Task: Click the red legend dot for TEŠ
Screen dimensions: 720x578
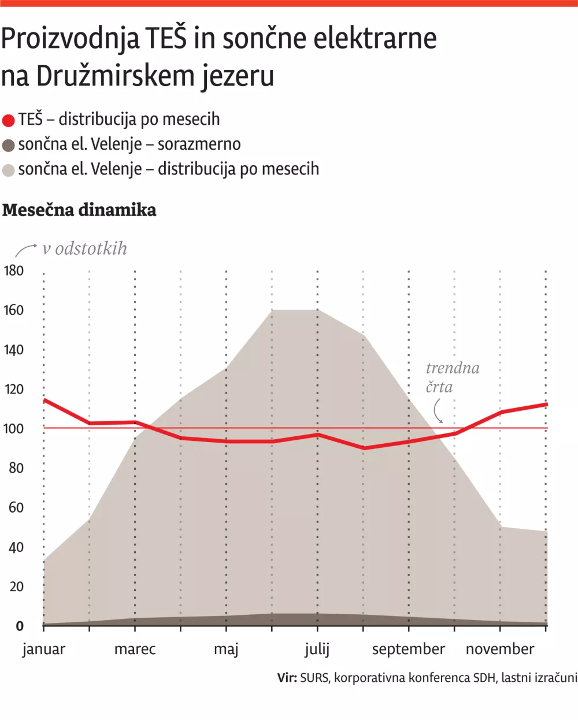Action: click(x=8, y=120)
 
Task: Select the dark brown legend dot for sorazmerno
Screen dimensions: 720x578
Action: click(x=8, y=145)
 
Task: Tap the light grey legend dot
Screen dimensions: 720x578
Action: click(x=8, y=170)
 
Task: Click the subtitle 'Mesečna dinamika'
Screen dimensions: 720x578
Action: click(x=79, y=210)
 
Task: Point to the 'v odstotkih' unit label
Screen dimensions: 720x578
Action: click(x=84, y=248)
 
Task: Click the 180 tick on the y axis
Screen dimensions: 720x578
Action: click(x=14, y=270)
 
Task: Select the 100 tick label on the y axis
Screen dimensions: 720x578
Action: click(x=14, y=429)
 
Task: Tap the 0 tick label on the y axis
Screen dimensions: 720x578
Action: click(x=20, y=626)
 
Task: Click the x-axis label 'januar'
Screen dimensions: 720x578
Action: click(x=44, y=649)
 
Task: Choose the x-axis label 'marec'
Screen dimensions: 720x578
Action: click(x=135, y=649)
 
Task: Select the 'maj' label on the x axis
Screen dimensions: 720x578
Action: click(x=226, y=649)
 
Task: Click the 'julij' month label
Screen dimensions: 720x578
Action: click(x=317, y=649)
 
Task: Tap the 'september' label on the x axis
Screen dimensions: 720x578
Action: click(x=408, y=649)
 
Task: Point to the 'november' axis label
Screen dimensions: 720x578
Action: click(x=500, y=649)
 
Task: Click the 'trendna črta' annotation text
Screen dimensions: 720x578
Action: click(x=452, y=377)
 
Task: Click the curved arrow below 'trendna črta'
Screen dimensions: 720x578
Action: click(x=438, y=411)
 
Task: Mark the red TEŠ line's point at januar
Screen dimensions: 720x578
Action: click(x=45, y=400)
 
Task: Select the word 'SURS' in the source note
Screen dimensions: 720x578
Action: click(x=314, y=677)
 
